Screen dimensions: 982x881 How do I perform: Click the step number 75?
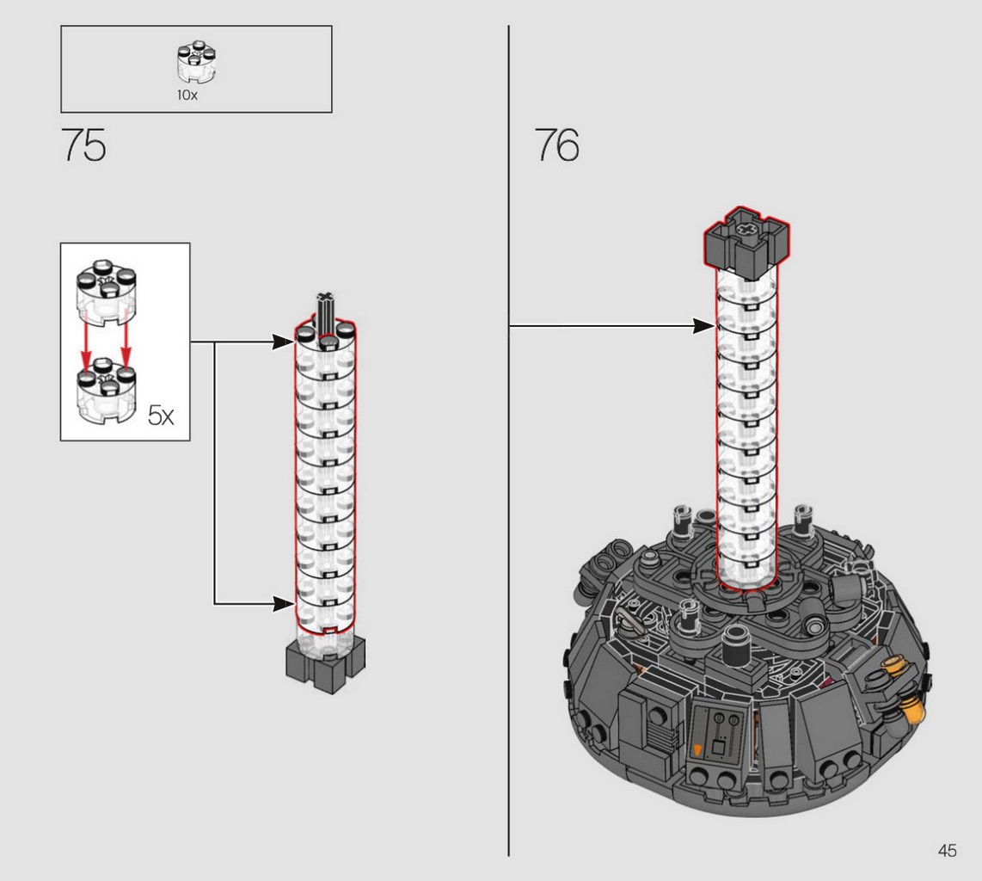pos(84,145)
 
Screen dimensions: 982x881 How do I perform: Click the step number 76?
pos(556,145)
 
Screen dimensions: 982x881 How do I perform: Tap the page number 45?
pos(947,850)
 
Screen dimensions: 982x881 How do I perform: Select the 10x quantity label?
pos(187,95)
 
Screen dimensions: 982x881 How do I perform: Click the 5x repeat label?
pos(161,416)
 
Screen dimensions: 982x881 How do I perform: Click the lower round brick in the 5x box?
pos(107,391)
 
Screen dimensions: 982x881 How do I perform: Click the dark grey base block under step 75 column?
pos(326,664)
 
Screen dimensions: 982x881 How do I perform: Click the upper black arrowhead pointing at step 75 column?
pos(283,342)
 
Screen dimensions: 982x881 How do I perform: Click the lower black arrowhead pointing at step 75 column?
pos(283,604)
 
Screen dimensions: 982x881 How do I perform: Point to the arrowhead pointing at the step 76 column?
pos(703,326)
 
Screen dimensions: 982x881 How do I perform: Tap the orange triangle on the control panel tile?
pos(698,749)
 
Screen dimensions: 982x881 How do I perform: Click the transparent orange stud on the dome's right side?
pos(912,711)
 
